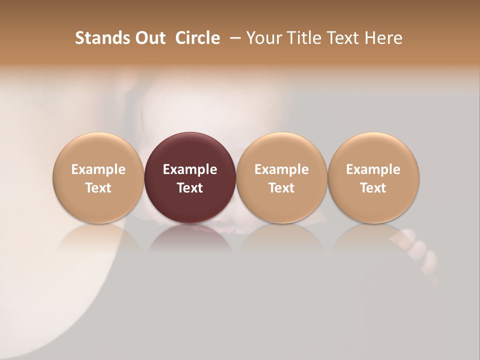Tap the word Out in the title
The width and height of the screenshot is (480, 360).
click(x=149, y=38)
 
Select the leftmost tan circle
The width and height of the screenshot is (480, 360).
click(x=98, y=177)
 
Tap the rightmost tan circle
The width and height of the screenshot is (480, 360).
click(x=373, y=177)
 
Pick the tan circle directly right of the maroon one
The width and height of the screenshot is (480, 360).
click(x=281, y=177)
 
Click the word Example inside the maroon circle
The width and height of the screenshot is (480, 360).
click(x=190, y=169)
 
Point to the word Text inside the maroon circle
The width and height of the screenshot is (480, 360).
click(x=190, y=188)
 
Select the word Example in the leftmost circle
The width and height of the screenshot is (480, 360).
click(x=98, y=169)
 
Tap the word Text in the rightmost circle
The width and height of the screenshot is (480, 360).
click(x=373, y=188)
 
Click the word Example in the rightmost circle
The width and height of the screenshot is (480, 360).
click(x=373, y=169)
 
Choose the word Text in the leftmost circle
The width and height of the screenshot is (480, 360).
click(x=98, y=188)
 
